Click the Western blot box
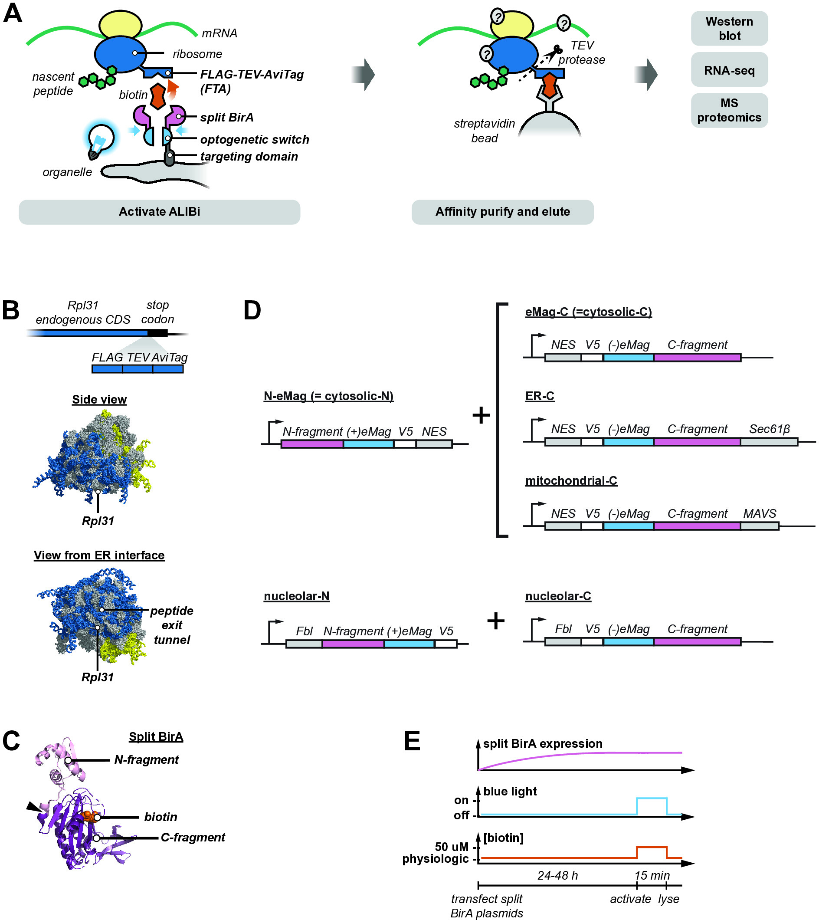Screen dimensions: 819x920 tap(729, 28)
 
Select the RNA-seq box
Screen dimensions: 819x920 tap(729, 70)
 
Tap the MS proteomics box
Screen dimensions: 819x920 tap(729, 110)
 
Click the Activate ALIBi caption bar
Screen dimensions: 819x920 tap(159, 212)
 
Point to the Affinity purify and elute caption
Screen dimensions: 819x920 tap(502, 212)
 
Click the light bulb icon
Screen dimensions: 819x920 tap(100, 141)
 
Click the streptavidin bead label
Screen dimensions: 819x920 tap(484, 131)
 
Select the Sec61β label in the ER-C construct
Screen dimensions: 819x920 tap(769, 429)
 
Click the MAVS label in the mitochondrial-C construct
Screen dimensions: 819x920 tap(759, 513)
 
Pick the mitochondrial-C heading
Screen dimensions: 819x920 tap(571, 481)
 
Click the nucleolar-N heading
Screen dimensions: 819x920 tap(297, 596)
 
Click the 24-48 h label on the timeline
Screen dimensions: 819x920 tap(557, 875)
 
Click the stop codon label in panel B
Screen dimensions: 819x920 tap(157, 312)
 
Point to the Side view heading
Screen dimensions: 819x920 tap(99, 400)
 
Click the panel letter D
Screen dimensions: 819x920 tap(252, 310)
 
